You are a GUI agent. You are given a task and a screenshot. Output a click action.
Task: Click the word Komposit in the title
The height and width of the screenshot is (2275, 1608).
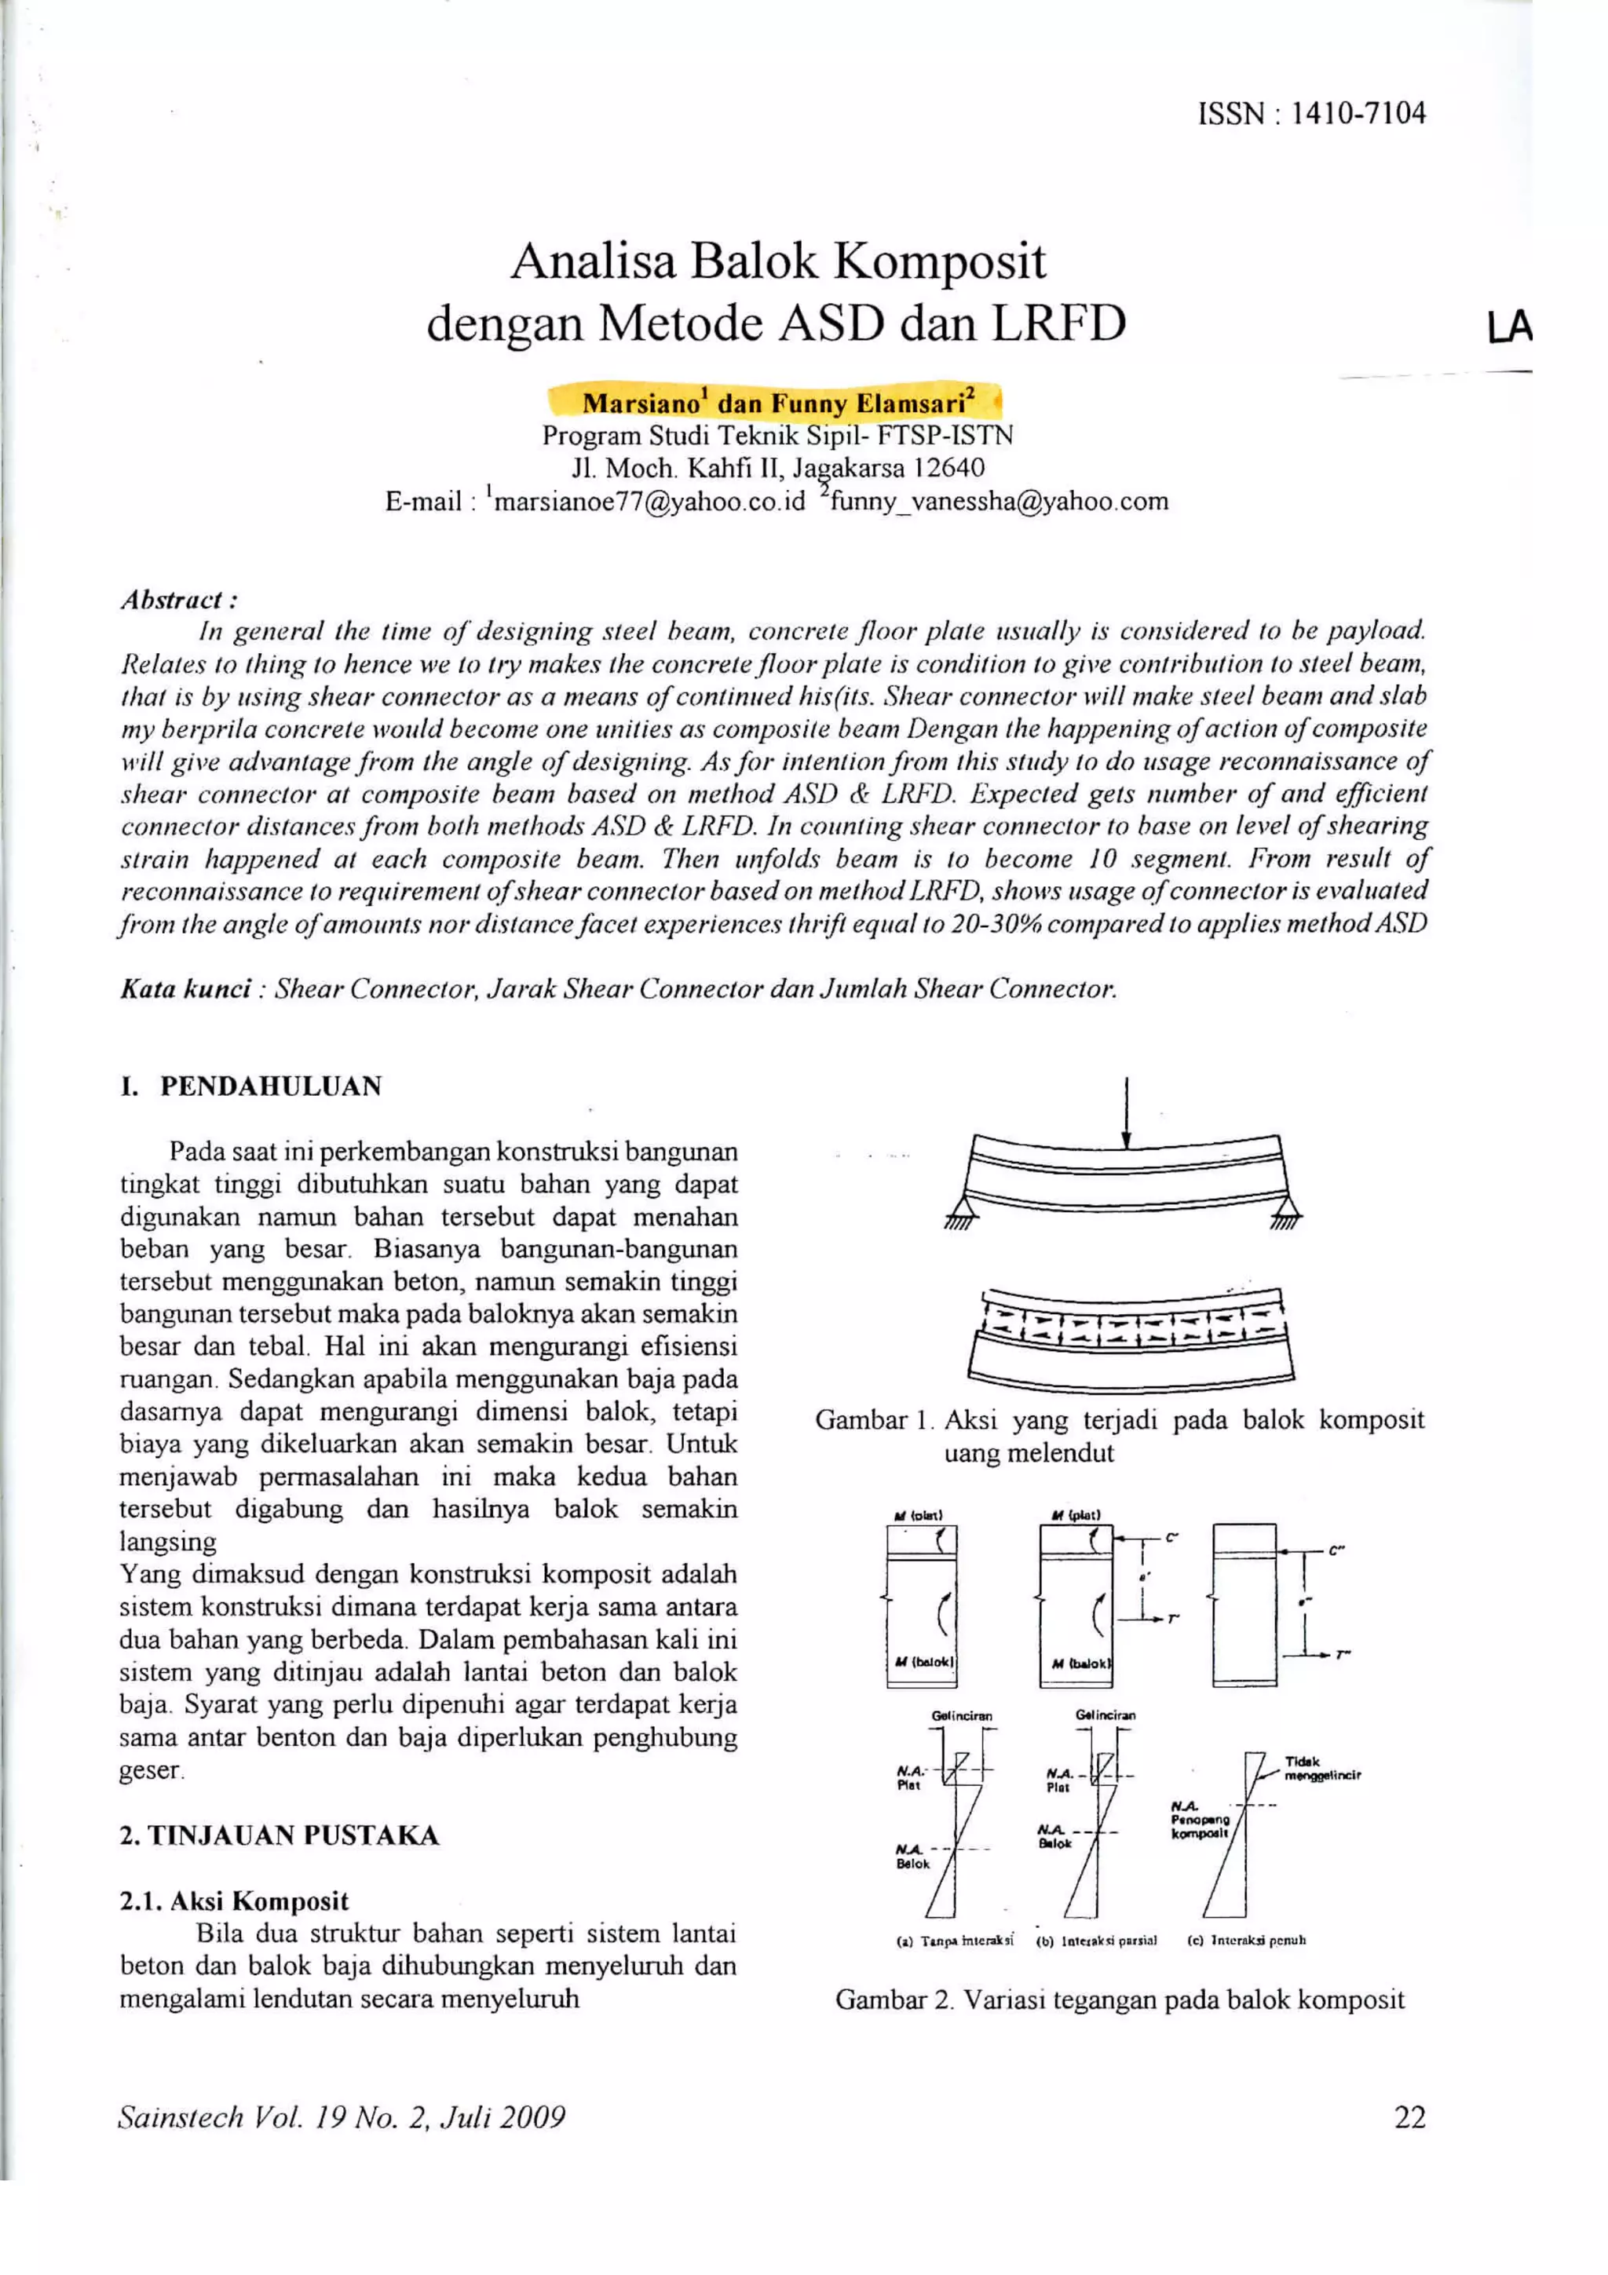click(x=939, y=261)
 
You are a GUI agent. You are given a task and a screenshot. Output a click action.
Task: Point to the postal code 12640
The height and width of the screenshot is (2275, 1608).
click(x=949, y=468)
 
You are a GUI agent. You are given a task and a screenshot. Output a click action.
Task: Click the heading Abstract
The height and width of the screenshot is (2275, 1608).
click(x=177, y=600)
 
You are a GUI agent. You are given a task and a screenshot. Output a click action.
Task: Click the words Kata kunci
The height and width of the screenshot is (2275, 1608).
click(x=185, y=989)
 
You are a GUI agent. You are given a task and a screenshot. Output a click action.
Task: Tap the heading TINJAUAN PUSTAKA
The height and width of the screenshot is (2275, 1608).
click(x=294, y=1836)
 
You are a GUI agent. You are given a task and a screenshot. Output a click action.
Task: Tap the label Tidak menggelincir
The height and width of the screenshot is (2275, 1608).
click(x=1321, y=1769)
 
